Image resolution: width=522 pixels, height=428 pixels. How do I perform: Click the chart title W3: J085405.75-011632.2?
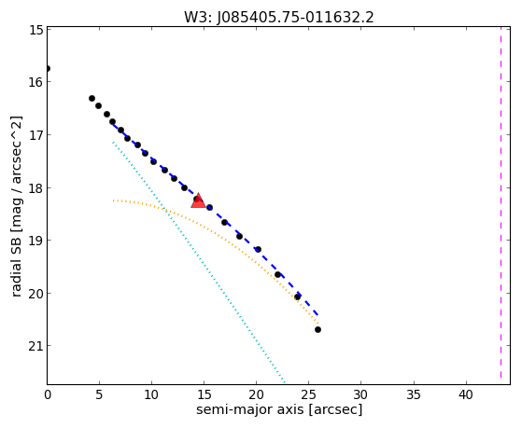click(279, 18)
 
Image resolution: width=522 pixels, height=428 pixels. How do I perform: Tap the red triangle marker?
click(198, 200)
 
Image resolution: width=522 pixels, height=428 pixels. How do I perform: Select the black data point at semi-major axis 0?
click(48, 68)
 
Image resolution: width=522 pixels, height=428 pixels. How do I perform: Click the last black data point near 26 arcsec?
click(317, 329)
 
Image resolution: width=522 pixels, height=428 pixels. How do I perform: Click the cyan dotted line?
click(199, 262)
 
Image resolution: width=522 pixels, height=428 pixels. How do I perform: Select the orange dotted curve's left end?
click(113, 200)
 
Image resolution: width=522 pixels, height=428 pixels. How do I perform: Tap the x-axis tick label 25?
click(308, 394)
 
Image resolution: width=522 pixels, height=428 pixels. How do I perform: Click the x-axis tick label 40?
click(466, 394)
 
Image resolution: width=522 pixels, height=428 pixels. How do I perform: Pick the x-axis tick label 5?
click(99, 394)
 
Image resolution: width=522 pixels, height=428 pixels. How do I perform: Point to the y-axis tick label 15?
click(35, 30)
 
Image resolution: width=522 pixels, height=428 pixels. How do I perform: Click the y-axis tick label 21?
click(35, 346)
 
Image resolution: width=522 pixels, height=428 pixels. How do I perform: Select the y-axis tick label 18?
click(35, 188)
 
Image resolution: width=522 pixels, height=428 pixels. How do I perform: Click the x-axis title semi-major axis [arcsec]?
click(279, 409)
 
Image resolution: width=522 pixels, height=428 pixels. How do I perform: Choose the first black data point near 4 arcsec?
click(92, 98)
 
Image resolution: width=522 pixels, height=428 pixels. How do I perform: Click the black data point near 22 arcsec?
click(277, 275)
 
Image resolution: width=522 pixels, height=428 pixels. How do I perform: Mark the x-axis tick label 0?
click(48, 394)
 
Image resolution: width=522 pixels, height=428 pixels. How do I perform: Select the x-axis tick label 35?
click(414, 394)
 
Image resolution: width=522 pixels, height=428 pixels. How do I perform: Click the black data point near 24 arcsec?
click(297, 297)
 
